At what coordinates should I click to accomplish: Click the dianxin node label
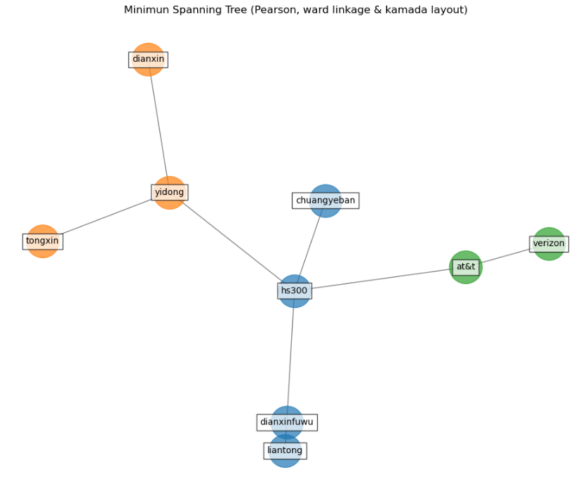click(x=148, y=60)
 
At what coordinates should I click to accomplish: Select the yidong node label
click(x=169, y=192)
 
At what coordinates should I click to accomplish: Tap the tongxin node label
click(x=43, y=241)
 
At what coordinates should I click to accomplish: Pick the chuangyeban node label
click(x=326, y=201)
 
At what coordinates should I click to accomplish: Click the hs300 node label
click(x=295, y=290)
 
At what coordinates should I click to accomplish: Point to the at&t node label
click(x=466, y=267)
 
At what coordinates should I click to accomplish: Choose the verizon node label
click(x=549, y=244)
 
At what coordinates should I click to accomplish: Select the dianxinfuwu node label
click(x=287, y=422)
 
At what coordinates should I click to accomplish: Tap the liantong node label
click(x=285, y=450)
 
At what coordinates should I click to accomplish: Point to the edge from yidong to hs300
click(x=232, y=242)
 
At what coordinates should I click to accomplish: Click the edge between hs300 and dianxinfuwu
click(x=290, y=358)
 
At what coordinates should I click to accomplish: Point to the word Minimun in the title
click(x=145, y=10)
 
